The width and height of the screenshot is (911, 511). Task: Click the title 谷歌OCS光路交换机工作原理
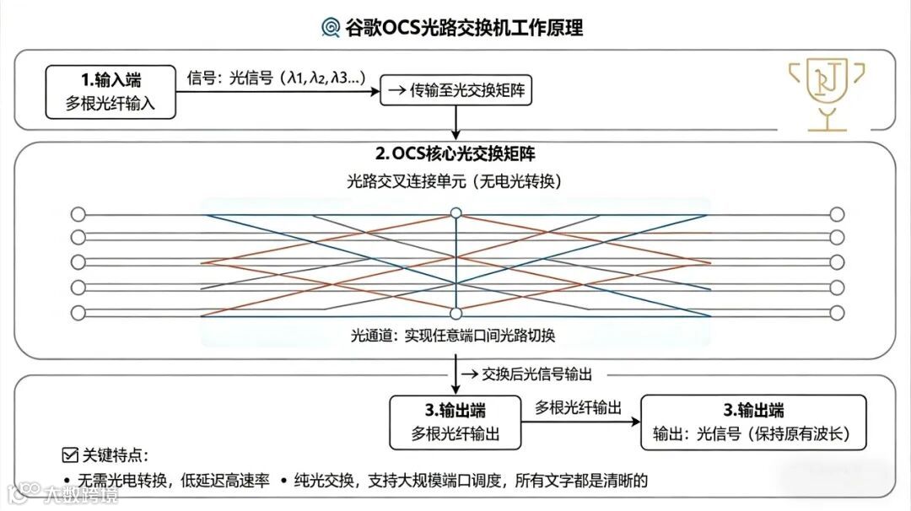(x=464, y=27)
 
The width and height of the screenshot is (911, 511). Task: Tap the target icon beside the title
(x=332, y=28)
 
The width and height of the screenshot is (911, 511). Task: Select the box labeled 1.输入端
(x=111, y=93)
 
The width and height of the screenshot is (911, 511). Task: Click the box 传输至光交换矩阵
(x=456, y=90)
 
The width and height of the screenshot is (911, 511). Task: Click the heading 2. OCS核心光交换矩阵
(x=455, y=154)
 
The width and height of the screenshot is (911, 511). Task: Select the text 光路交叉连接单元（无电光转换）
(x=455, y=181)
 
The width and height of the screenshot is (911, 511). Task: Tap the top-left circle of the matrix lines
(x=78, y=213)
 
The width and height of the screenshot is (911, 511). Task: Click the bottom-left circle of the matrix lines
(x=78, y=313)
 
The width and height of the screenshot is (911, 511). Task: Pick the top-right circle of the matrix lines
(x=837, y=213)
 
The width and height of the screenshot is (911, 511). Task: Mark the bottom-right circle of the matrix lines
(x=837, y=313)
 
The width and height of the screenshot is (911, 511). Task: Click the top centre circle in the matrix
(x=455, y=213)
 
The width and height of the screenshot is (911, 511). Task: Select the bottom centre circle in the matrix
(x=455, y=314)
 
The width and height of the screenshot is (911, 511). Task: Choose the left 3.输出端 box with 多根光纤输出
(x=455, y=422)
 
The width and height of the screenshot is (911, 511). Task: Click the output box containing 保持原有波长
(x=753, y=422)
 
